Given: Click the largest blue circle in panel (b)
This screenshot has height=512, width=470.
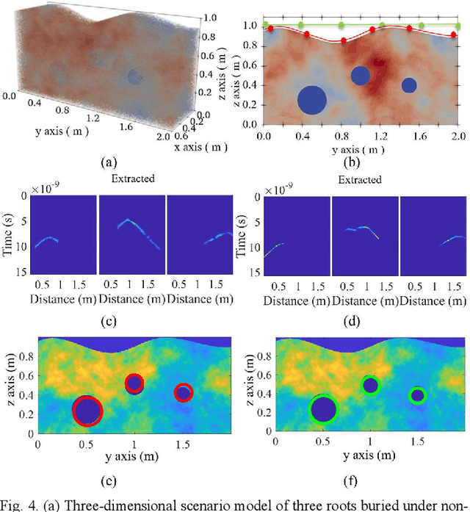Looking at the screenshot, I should point(312,101).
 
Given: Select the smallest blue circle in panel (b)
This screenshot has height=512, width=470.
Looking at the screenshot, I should point(409,85).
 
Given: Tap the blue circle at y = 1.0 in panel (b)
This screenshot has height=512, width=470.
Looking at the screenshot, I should point(360,75).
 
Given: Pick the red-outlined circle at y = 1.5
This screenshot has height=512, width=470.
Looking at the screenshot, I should point(184,393).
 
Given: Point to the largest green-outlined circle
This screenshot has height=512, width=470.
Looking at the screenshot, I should point(323,408).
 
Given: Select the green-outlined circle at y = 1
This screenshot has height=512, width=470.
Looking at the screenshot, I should point(371,385).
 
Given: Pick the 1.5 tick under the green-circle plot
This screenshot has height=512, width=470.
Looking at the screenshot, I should point(417,443).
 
